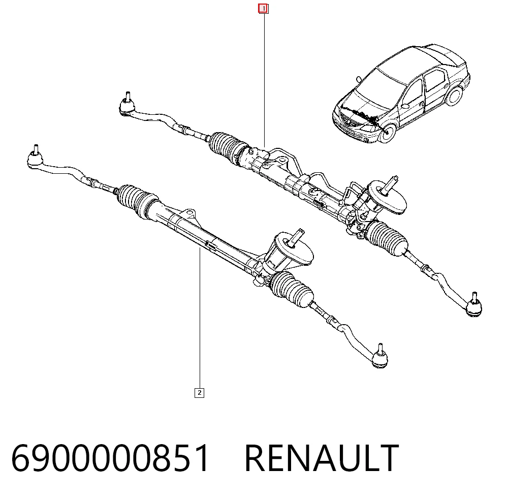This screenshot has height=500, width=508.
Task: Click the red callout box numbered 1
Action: tap(263, 9)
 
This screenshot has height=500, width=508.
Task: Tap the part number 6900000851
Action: tap(110, 458)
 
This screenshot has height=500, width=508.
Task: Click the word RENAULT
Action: tap(322, 458)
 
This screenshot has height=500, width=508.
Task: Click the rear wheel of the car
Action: tap(454, 95)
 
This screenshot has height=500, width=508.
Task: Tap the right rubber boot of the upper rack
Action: tap(387, 238)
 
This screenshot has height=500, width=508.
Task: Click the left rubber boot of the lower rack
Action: tap(137, 200)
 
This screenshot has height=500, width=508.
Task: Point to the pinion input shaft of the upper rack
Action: tap(390, 185)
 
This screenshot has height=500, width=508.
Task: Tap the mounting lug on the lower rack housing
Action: tap(189, 213)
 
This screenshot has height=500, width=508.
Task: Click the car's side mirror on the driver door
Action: tap(405, 106)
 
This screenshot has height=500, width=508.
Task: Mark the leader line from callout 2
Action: tap(200, 318)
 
